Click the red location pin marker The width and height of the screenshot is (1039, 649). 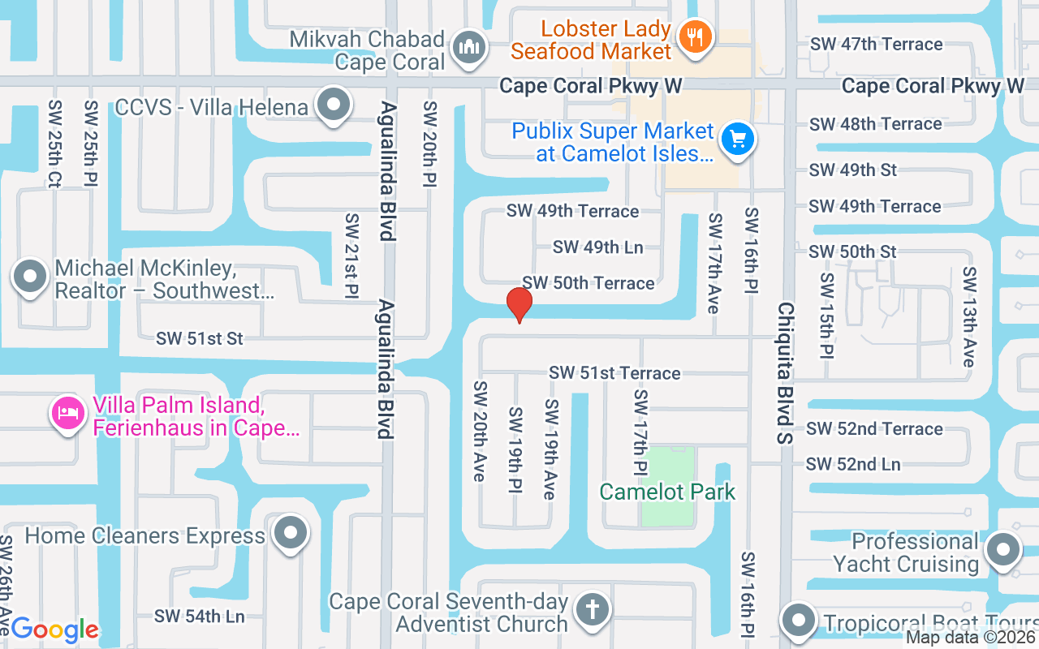[519, 304]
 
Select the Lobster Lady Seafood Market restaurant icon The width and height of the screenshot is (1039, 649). [695, 37]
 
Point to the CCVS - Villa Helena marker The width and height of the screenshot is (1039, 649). [333, 105]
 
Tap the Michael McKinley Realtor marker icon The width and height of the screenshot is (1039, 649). [31, 277]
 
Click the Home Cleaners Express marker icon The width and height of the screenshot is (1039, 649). [290, 534]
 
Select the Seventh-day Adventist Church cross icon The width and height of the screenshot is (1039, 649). [592, 609]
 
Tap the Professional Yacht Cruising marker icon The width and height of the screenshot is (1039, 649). [1002, 551]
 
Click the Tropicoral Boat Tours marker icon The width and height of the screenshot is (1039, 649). [799, 621]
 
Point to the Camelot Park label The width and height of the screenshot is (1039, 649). [667, 492]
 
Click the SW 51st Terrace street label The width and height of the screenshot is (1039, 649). [614, 373]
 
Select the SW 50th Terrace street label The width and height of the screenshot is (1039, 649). [588, 283]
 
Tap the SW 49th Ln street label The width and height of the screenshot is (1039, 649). [597, 247]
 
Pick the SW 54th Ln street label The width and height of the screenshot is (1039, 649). [200, 617]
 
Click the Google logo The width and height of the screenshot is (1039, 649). [54, 630]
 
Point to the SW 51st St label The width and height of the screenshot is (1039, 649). [200, 338]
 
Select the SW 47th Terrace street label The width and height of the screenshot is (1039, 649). [876, 45]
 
